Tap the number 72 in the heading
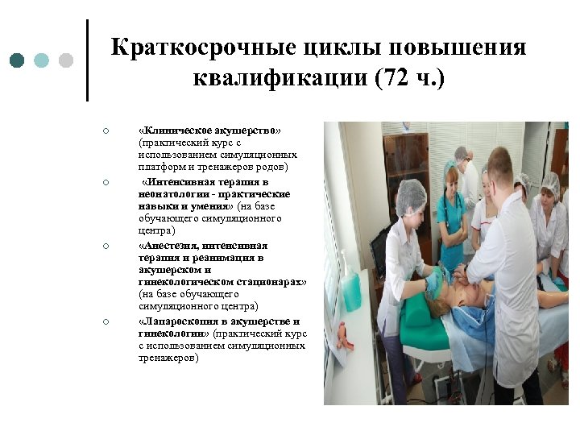tap(394, 79)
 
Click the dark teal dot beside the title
tap(18, 60)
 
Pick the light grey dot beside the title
tap(66, 60)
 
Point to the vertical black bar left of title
tap(86, 60)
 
